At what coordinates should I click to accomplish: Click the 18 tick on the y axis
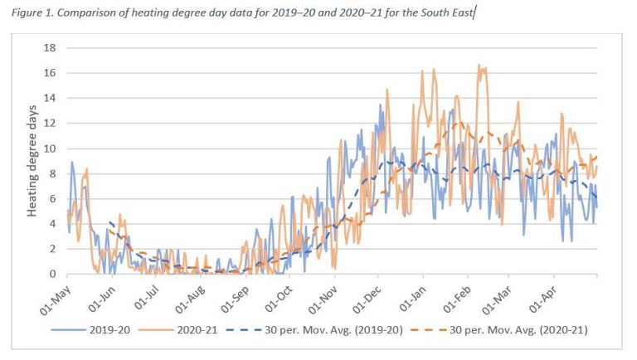pyautogui.click(x=50, y=48)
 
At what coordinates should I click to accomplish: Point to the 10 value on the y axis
pyautogui.click(x=50, y=148)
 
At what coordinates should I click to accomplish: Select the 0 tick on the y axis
pyautogui.click(x=53, y=274)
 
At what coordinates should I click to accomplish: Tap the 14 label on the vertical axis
pyautogui.click(x=50, y=99)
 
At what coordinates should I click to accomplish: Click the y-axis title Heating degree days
pyautogui.click(x=32, y=161)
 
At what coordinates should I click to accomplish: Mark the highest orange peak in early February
pyautogui.click(x=479, y=66)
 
